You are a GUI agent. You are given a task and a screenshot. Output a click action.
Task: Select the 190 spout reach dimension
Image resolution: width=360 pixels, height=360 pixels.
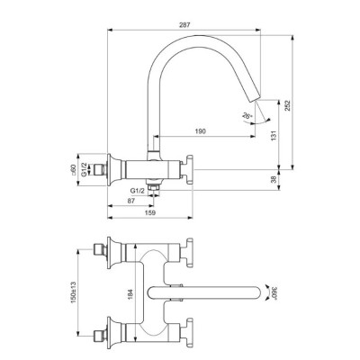(x=199, y=131)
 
